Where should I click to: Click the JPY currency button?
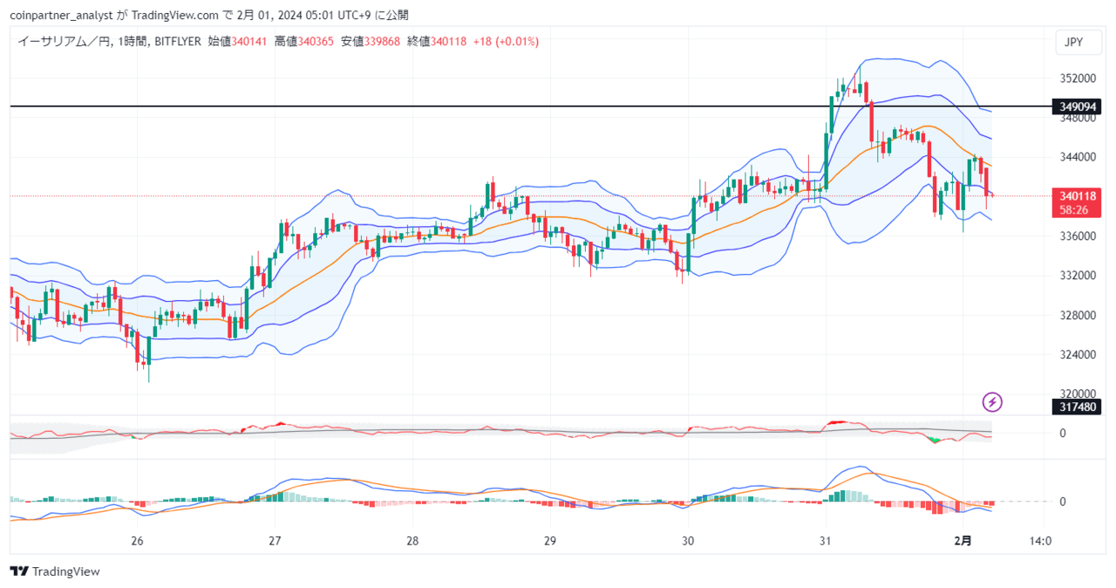pos(1079,43)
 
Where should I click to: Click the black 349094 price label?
pos(1077,106)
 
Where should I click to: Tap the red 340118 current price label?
pos(1077,202)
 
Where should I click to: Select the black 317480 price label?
pos(1077,407)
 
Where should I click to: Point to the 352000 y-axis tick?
pos(1078,79)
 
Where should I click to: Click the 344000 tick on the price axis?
pos(1078,157)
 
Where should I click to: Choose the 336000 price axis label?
pos(1078,236)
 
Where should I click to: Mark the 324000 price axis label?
pos(1078,355)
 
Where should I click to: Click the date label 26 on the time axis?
pos(137,541)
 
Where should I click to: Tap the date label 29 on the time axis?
pos(550,541)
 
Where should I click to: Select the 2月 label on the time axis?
pos(963,541)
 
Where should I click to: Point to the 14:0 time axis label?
pos(1041,541)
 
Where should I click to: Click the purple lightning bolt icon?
pos(992,402)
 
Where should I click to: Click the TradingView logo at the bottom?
pos(55,571)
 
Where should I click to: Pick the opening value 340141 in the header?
pos(249,41)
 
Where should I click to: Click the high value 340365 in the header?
pos(316,41)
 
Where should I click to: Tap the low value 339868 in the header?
pos(382,41)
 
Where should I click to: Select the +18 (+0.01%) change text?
pos(506,41)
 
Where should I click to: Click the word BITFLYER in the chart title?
pos(178,41)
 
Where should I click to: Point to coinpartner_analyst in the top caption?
pos(61,16)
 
